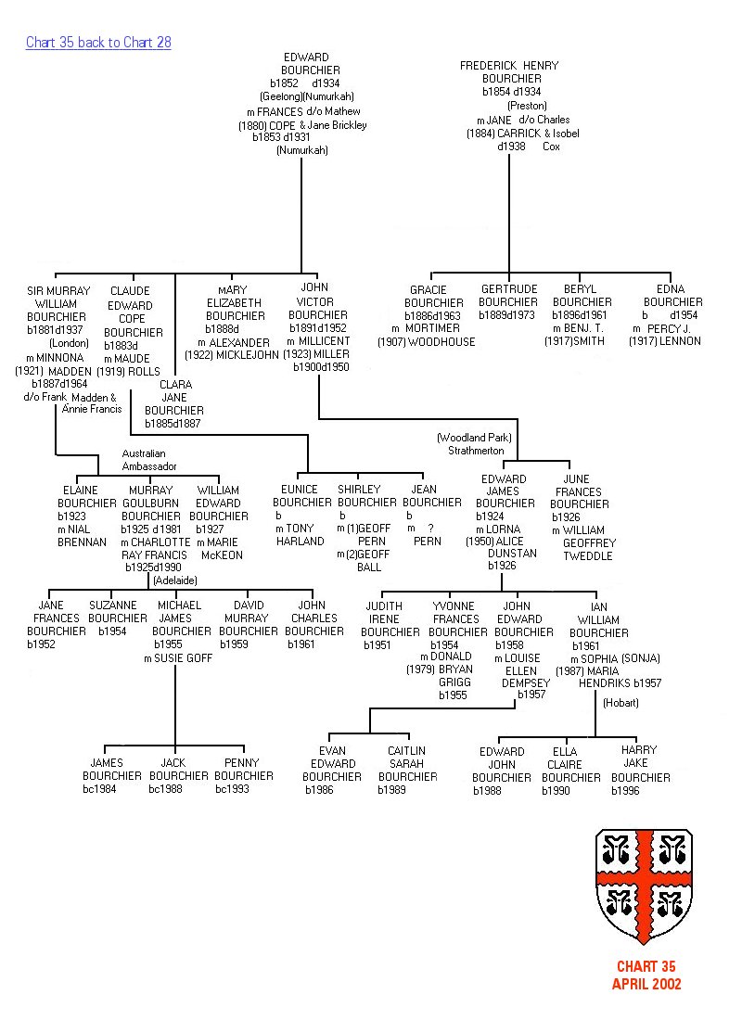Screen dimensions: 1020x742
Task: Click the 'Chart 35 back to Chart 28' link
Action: (x=98, y=43)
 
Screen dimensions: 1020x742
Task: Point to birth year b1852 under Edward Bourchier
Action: (x=286, y=83)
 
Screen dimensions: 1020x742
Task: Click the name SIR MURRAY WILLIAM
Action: (x=59, y=297)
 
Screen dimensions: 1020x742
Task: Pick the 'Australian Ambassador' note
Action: (x=148, y=460)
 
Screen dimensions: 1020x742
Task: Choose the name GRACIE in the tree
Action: (x=428, y=290)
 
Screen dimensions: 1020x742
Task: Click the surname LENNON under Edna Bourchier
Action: (x=680, y=341)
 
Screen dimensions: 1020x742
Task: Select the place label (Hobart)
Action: (x=620, y=703)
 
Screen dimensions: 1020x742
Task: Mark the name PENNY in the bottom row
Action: (x=242, y=762)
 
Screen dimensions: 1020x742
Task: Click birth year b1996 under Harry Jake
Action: (x=627, y=791)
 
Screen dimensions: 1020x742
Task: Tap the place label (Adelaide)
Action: (x=175, y=580)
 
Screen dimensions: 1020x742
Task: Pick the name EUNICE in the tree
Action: (x=299, y=489)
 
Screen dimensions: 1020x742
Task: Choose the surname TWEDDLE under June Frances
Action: (x=587, y=556)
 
